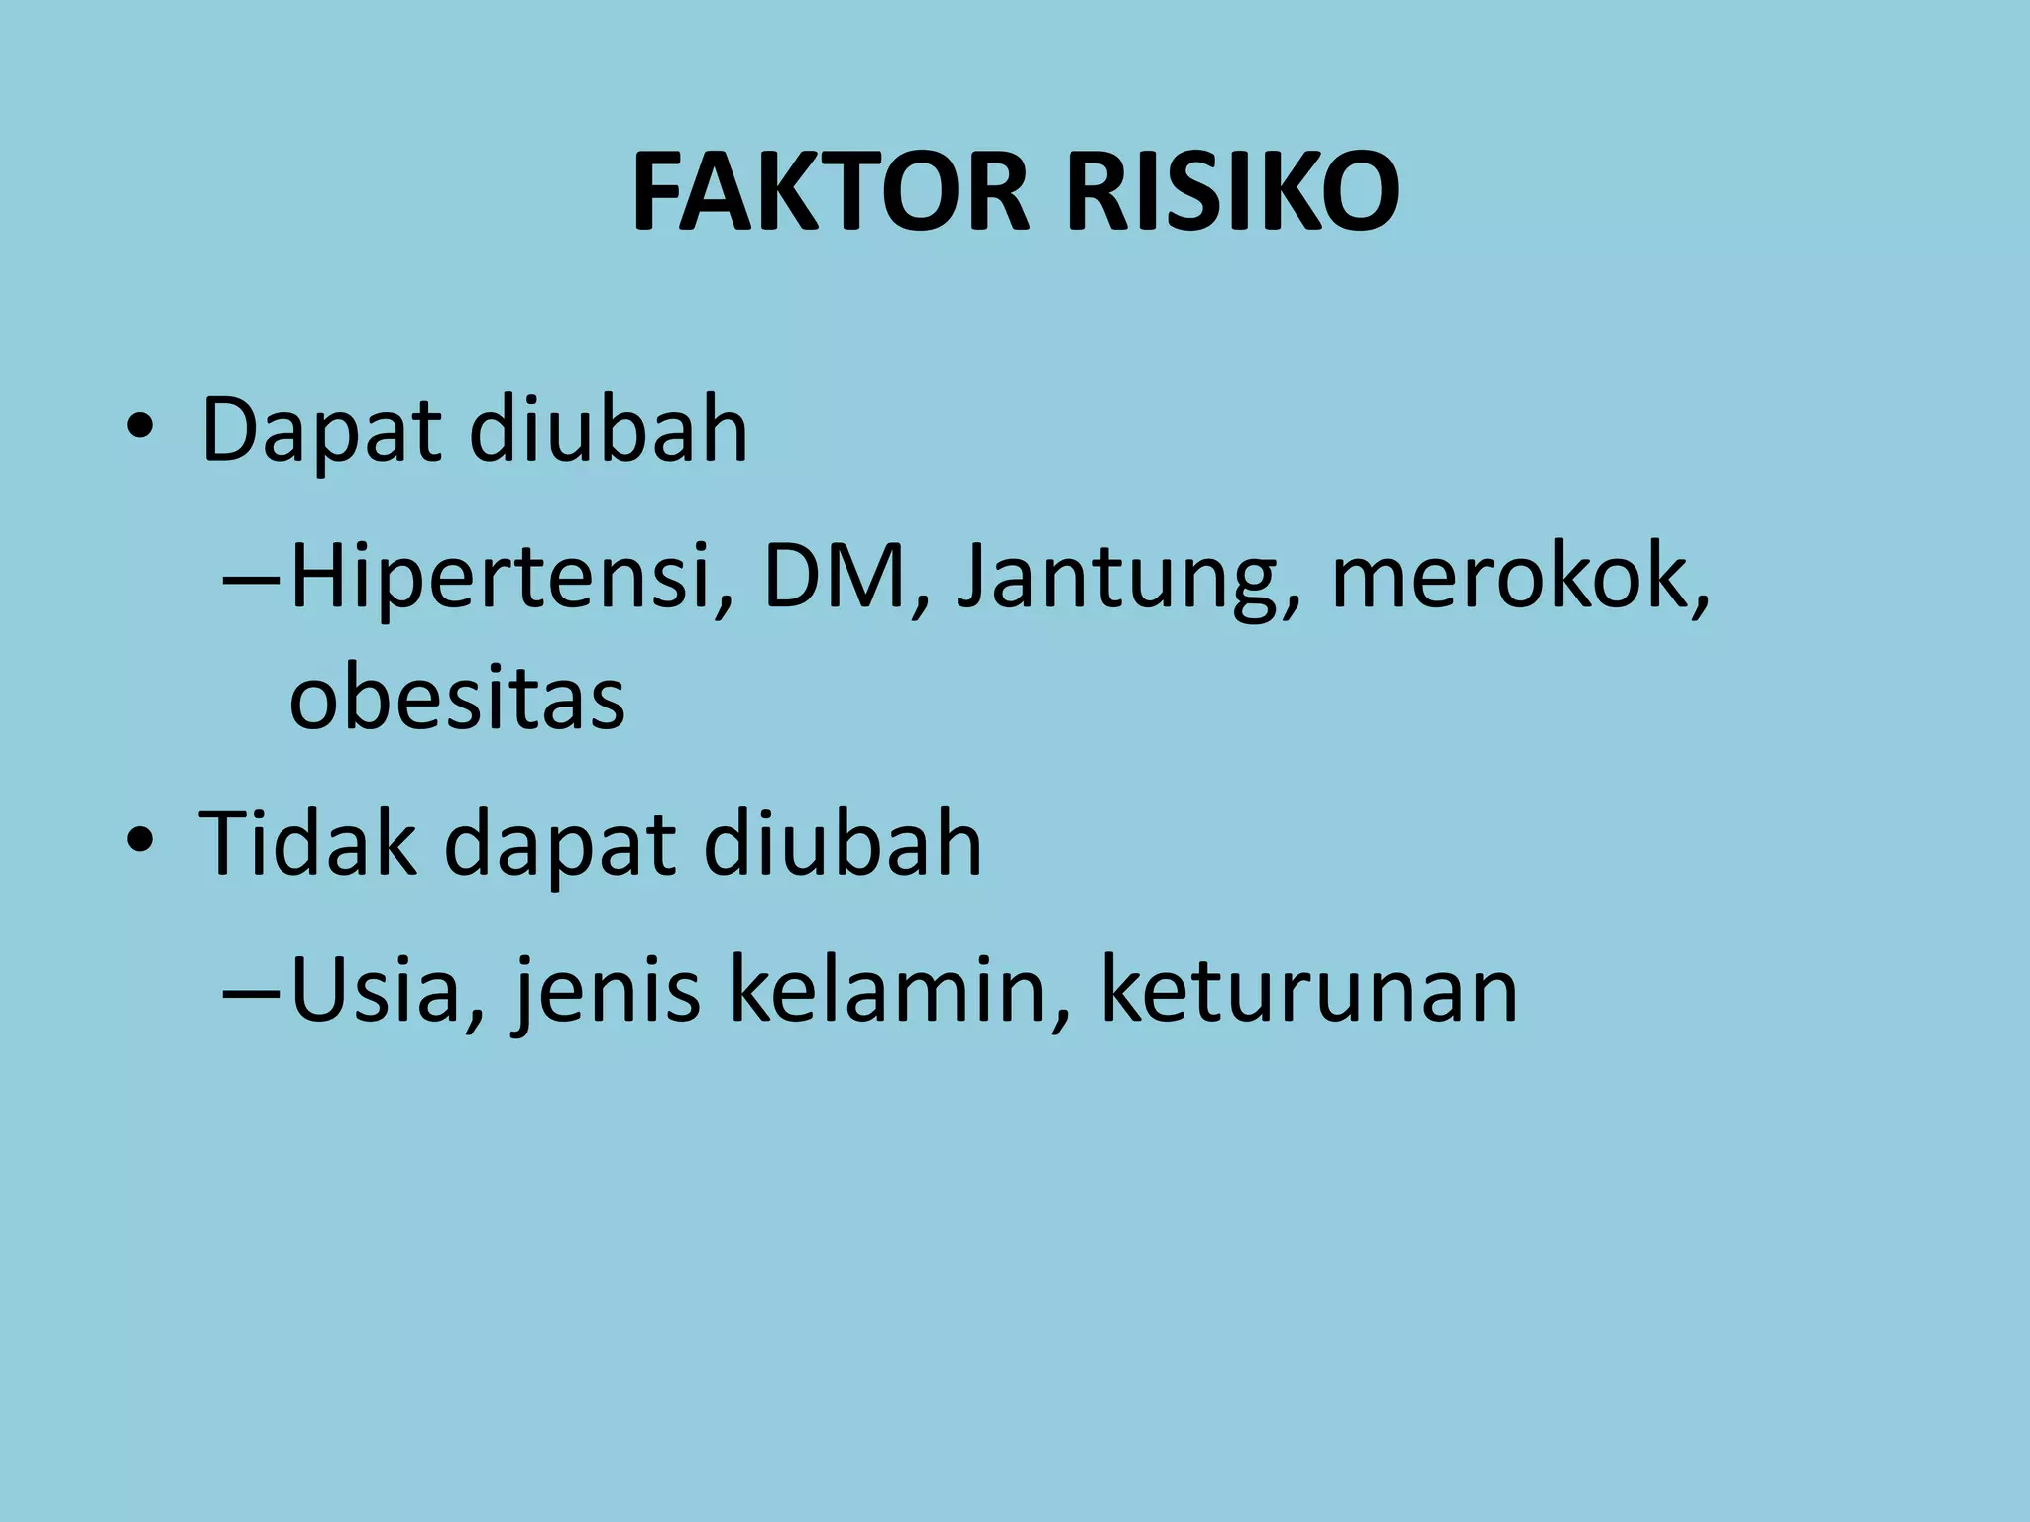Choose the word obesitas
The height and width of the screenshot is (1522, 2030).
pyautogui.click(x=457, y=698)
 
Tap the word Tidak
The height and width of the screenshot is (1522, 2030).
pyautogui.click(x=306, y=843)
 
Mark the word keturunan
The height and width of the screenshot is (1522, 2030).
pyautogui.click(x=1308, y=990)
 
